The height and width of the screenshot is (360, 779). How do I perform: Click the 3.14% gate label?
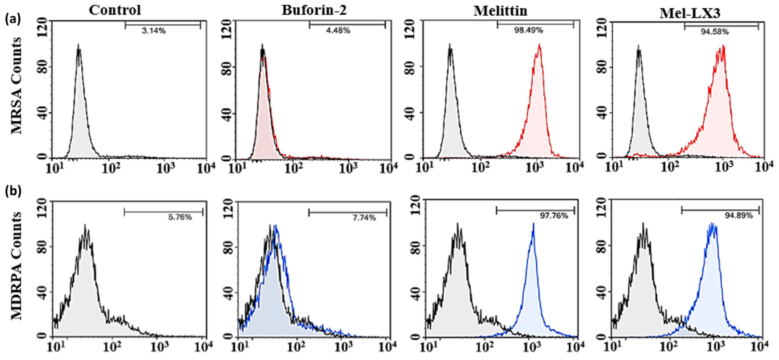(154, 31)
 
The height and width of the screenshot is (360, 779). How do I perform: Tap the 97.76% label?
(554, 216)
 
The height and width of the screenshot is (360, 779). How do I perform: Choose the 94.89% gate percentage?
(738, 216)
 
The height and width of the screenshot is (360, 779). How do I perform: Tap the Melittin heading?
(500, 11)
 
